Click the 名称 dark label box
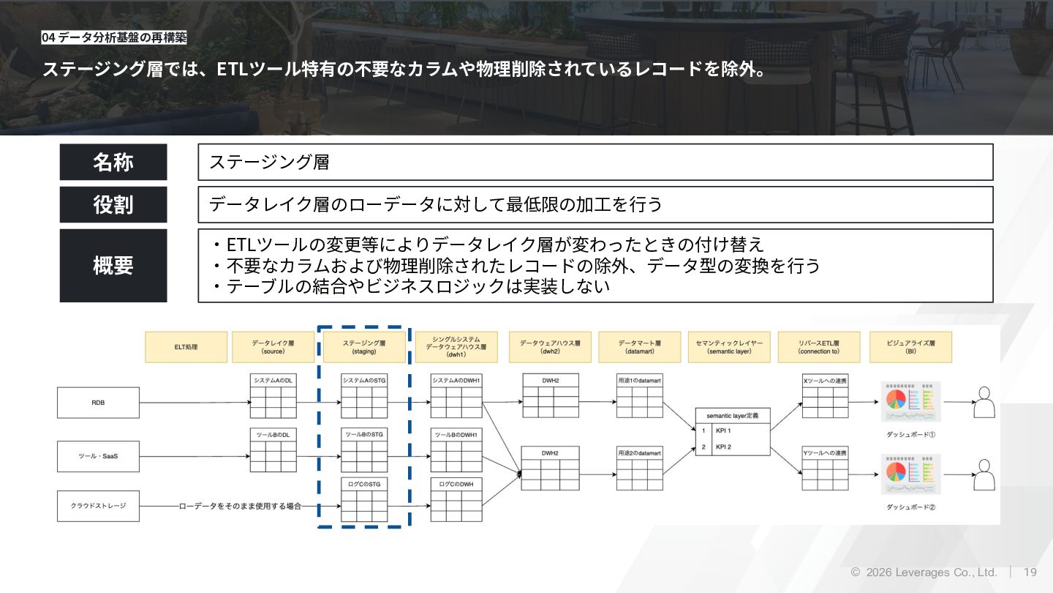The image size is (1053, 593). click(x=113, y=162)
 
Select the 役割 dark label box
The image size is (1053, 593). click(x=113, y=204)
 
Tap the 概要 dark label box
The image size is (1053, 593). click(x=113, y=265)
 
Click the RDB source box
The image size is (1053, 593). click(x=98, y=403)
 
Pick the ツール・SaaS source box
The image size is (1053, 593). click(x=98, y=456)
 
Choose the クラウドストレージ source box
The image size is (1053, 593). click(x=98, y=506)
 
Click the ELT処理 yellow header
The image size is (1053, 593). click(x=186, y=347)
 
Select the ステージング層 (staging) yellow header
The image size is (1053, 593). click(x=364, y=347)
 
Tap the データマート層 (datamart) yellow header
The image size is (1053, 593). click(x=639, y=347)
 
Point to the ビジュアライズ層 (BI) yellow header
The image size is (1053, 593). click(x=910, y=347)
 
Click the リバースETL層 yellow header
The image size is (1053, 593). click(x=818, y=347)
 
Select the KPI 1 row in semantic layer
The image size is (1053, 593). click(x=732, y=430)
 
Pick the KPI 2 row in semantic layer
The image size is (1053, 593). click(x=732, y=447)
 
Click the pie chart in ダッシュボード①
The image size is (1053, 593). click(x=896, y=400)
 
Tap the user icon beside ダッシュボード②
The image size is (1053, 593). click(x=985, y=476)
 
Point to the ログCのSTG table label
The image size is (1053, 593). click(x=364, y=484)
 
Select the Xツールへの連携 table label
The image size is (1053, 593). click(x=825, y=381)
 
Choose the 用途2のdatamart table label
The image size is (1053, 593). click(x=639, y=453)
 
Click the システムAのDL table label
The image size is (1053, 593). click(x=273, y=381)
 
